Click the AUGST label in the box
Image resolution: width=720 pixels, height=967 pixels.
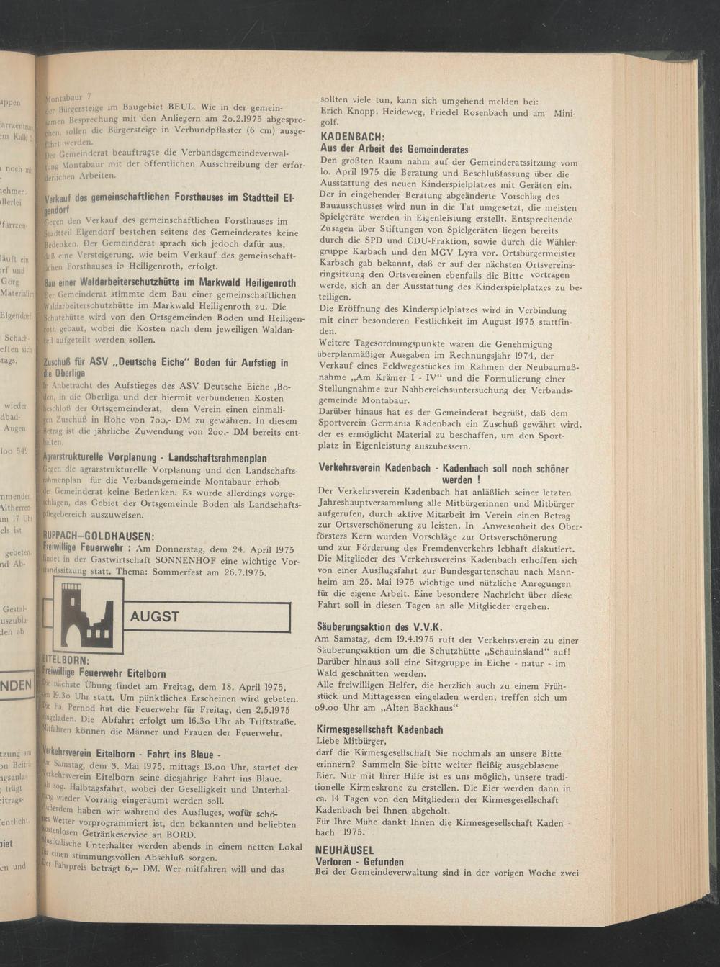tap(155, 616)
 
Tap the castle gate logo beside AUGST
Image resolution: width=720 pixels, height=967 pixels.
tap(82, 617)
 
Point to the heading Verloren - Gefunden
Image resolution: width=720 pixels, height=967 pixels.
tap(360, 862)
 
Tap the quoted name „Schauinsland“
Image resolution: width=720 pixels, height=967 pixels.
tap(508, 651)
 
